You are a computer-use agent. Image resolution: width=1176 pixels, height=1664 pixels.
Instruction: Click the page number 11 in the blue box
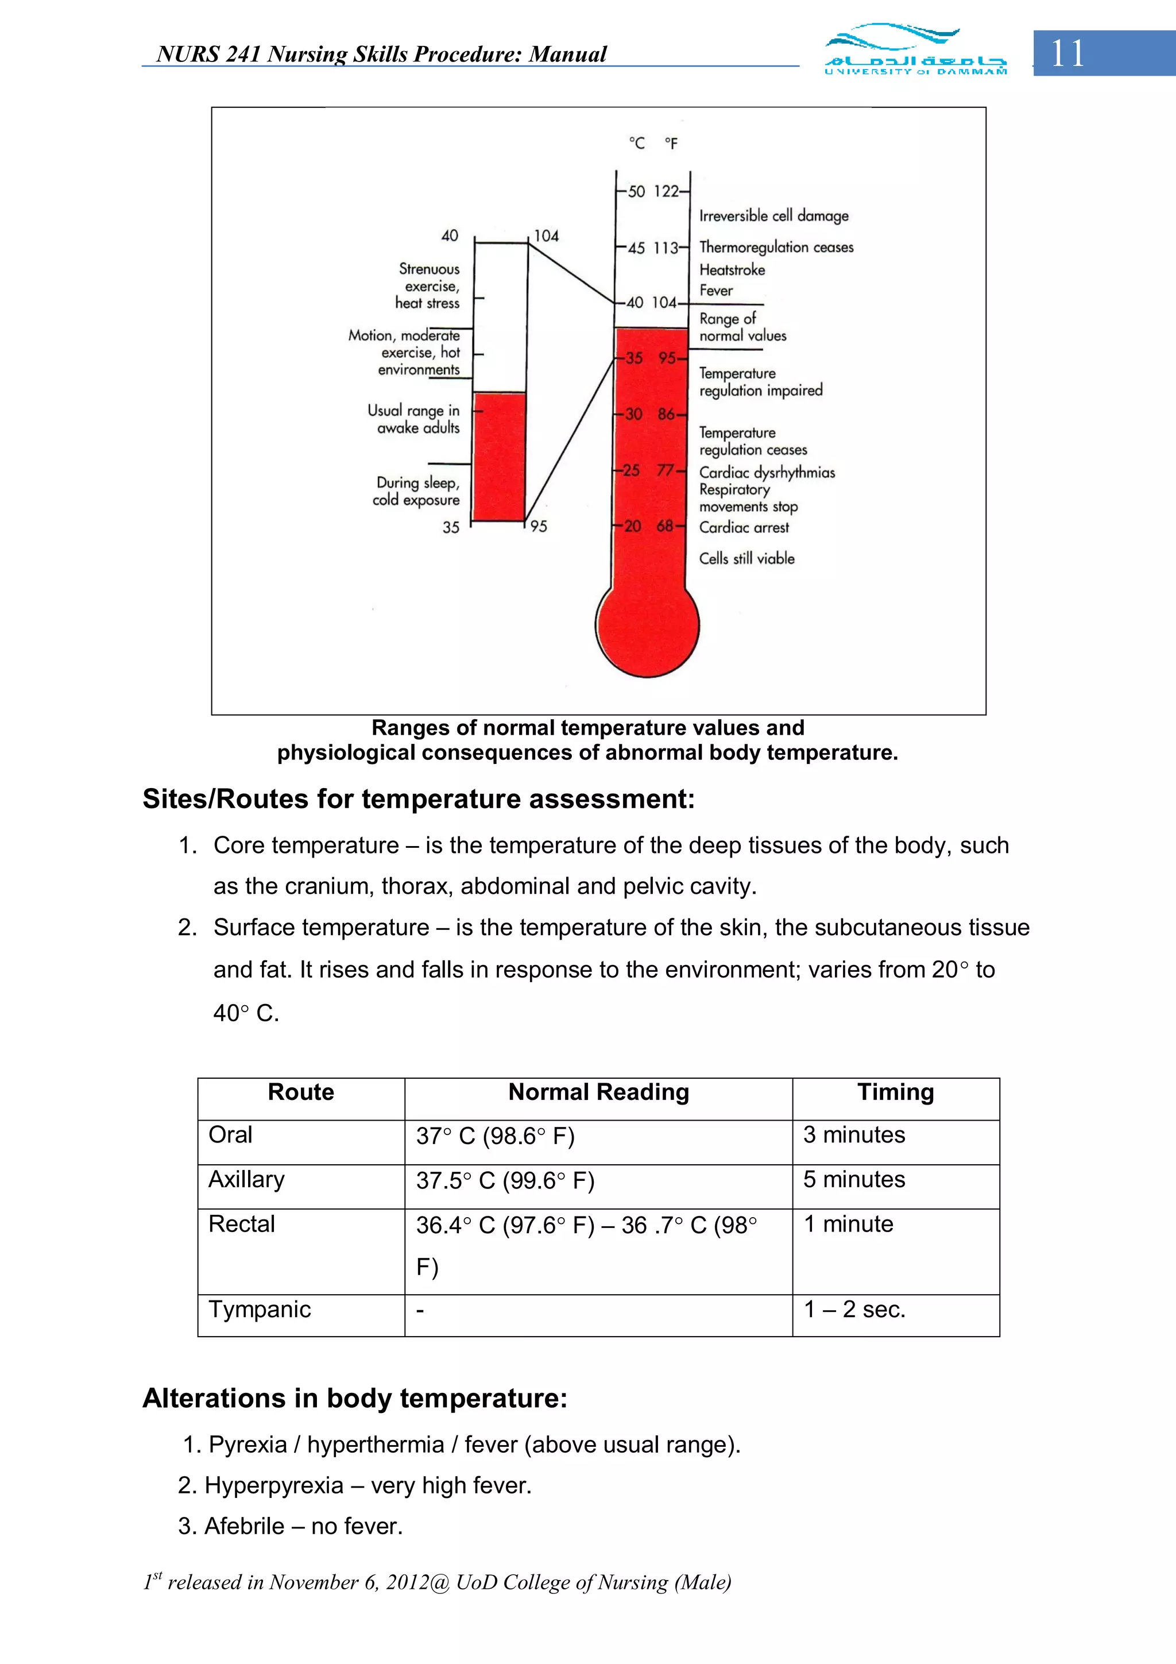[x=1067, y=53]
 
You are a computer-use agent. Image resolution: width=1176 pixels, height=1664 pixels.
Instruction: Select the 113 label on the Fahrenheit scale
[x=666, y=248]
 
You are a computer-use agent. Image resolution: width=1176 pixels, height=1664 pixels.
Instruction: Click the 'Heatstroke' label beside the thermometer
[x=732, y=269]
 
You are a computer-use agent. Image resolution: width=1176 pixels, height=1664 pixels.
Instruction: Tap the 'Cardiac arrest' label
[x=744, y=528]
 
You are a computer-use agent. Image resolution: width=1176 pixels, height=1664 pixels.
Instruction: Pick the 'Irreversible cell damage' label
[x=773, y=215]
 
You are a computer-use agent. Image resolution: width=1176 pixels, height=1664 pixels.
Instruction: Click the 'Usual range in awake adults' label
[x=414, y=419]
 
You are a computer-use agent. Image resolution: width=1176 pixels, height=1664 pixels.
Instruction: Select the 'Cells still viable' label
[x=746, y=558]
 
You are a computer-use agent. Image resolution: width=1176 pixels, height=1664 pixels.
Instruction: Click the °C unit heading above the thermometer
[x=636, y=144]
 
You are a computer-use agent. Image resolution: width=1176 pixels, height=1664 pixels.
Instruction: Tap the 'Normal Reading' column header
[x=598, y=1091]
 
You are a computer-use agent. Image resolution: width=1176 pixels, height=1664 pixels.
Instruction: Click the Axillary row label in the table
[x=246, y=1179]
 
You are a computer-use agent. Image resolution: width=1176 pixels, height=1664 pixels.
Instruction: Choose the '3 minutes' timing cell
[x=853, y=1134]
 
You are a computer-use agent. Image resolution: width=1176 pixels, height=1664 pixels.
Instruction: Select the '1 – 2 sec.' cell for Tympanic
[x=854, y=1309]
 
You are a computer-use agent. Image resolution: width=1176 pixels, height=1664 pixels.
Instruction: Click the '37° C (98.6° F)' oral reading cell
[x=495, y=1136]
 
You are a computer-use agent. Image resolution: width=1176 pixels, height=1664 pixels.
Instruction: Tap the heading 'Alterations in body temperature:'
[x=355, y=1397]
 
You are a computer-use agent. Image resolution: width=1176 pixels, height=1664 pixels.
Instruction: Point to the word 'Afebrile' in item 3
[x=244, y=1526]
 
